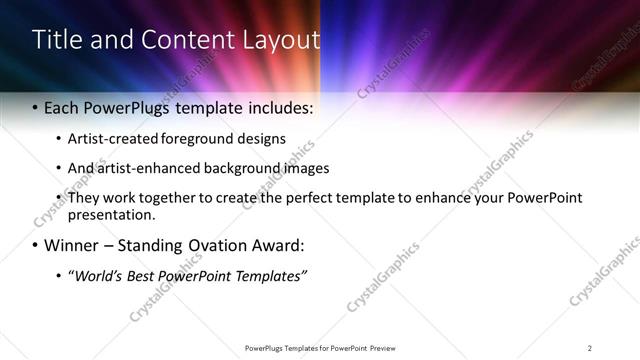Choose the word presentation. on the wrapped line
tap(111, 214)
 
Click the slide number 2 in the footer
tap(590, 348)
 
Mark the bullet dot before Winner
tap(35, 246)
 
